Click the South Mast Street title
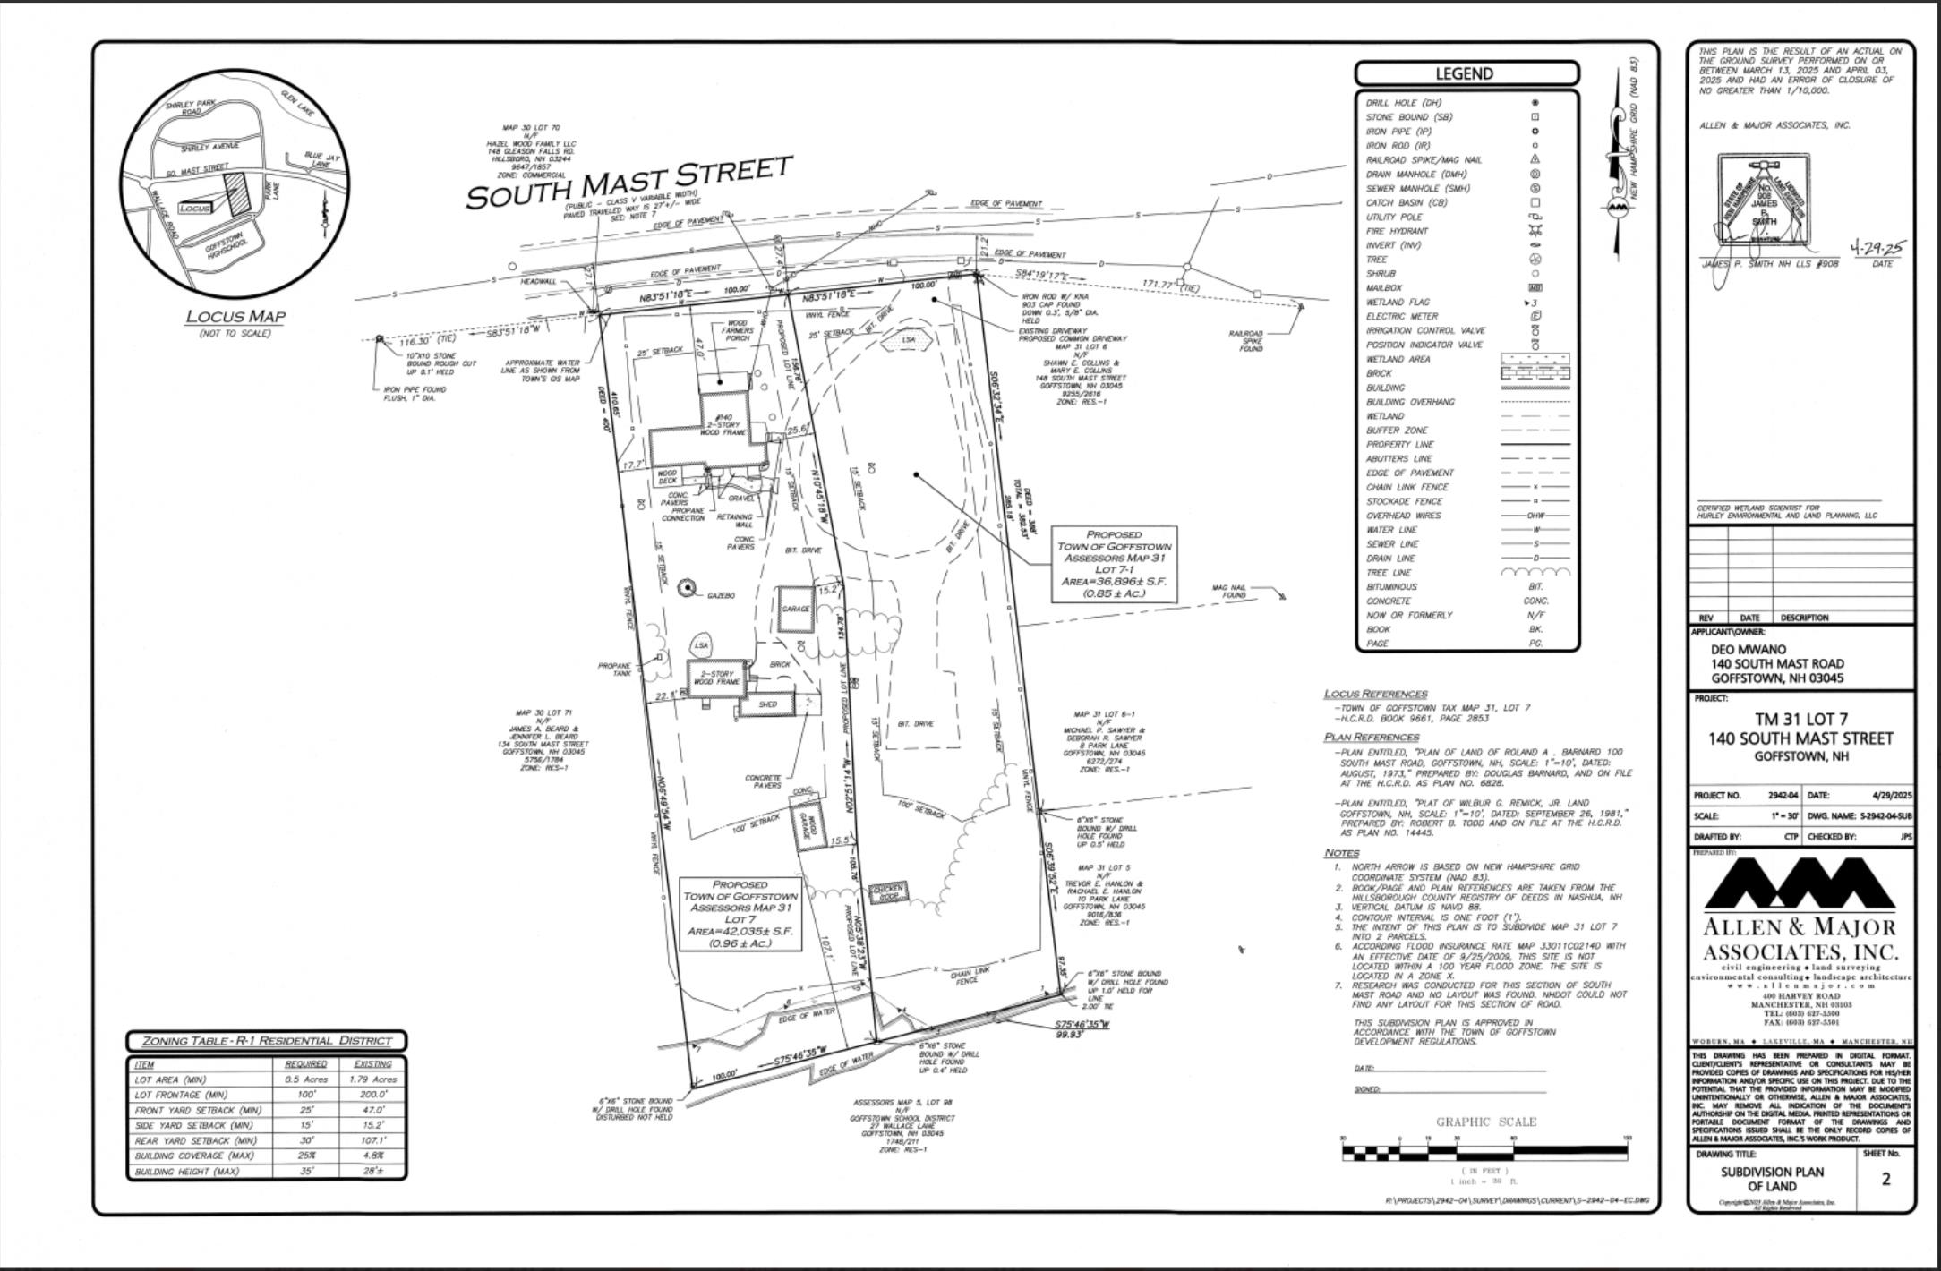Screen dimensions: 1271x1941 pos(629,183)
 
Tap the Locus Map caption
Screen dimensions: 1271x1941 pos(235,316)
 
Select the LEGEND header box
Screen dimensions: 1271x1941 pos(1466,73)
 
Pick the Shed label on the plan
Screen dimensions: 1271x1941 pos(767,704)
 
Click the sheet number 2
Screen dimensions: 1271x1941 pos(1885,1179)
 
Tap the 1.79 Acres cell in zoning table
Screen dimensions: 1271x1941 pos(372,1079)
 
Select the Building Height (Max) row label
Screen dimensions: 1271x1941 pos(187,1172)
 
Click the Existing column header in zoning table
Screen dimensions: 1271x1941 pos(372,1064)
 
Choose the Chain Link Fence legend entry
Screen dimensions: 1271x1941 pos(1407,488)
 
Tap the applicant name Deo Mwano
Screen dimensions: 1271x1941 pos(1748,649)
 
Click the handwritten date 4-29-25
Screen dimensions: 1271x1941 pos(1878,248)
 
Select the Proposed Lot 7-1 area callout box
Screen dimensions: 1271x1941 pos(1113,563)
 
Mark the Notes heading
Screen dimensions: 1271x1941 pos(1341,853)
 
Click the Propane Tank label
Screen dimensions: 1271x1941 pos(614,670)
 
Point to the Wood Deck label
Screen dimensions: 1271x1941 pos(668,477)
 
